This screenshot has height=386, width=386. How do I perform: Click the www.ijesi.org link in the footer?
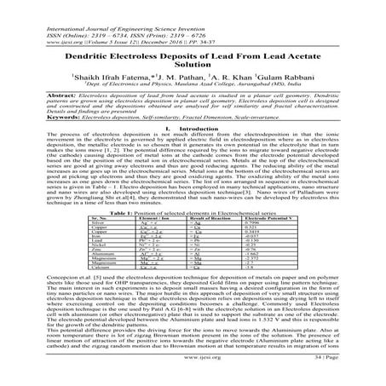click(x=193, y=373)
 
